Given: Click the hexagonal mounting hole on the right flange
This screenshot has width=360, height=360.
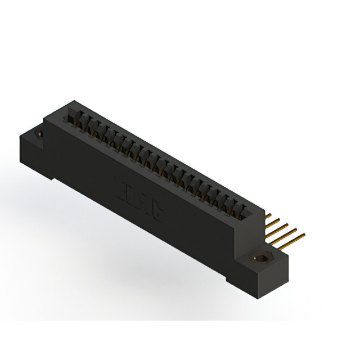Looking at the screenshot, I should [x=260, y=258].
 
